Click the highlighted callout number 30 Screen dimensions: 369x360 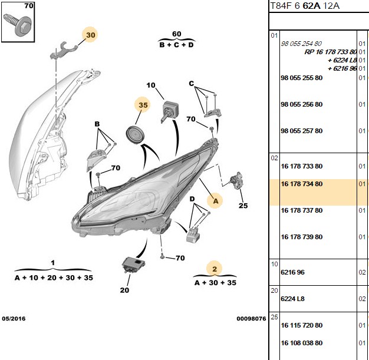tap(91, 35)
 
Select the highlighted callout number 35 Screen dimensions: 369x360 tap(143, 105)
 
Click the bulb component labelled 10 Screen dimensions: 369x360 tap(169, 110)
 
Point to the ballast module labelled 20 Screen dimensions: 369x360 tap(134, 265)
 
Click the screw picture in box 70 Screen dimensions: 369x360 tap(18, 25)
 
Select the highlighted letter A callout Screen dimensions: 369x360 tap(216, 201)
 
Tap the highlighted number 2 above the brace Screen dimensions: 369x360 tap(215, 269)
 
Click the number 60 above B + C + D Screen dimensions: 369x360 tap(177, 34)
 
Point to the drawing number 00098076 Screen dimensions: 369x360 tap(251, 319)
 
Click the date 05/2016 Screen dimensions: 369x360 tap(14, 319)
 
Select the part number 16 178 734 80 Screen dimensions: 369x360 tap(301, 184)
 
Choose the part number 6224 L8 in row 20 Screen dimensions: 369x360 tap(292, 299)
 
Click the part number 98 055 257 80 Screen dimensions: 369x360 tap(301, 131)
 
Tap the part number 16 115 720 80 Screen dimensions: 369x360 tap(301, 325)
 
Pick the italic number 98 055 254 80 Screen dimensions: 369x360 tap(301, 44)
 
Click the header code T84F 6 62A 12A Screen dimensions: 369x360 tap(305, 6)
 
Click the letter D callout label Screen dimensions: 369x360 tap(192, 199)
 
